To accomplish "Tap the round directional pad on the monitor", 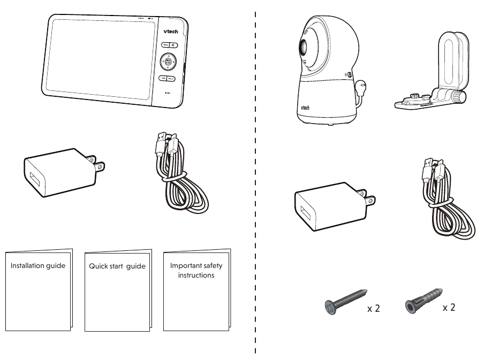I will coord(168,63).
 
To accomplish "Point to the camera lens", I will coord(303,47).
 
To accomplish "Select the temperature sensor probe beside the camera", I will coord(362,85).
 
